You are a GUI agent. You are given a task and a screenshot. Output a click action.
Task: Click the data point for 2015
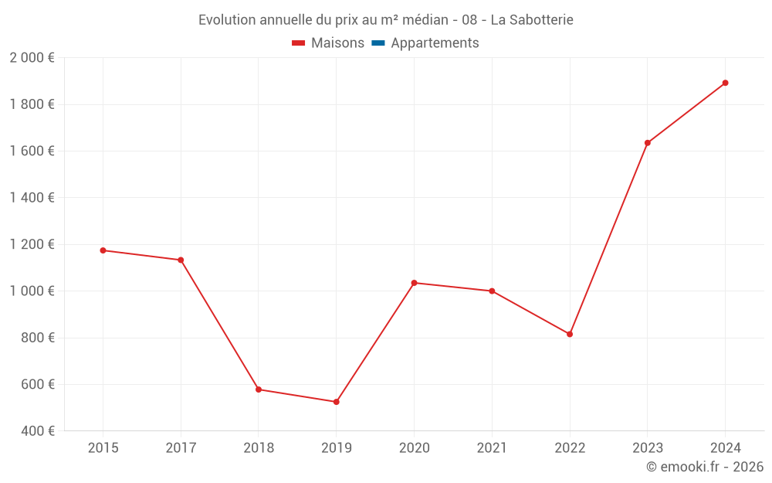coord(103,250)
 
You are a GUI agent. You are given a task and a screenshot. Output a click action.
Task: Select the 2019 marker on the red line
coord(337,402)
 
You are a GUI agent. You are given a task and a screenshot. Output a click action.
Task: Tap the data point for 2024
coord(726,83)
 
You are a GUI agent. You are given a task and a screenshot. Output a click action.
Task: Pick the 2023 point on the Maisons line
coord(648,143)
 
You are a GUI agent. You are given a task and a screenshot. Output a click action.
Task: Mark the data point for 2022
coord(570,334)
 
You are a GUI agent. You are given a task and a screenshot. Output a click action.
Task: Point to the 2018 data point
coord(259,389)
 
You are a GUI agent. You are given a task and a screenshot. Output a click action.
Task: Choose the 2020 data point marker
coord(415,283)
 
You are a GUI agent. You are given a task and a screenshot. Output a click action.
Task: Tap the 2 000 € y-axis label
coord(32,58)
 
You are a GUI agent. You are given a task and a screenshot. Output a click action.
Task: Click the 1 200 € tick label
coord(32,244)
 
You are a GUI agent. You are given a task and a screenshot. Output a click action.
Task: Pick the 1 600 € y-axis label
coord(32,151)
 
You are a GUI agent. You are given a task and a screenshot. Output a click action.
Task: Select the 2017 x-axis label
coord(181,447)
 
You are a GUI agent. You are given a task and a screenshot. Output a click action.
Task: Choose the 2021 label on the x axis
coord(492,447)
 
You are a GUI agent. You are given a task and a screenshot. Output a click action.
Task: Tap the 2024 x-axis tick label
coord(726,447)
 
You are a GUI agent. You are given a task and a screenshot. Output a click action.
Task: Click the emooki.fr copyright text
coord(705,467)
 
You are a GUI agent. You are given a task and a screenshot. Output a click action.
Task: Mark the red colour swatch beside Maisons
coord(299,43)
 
